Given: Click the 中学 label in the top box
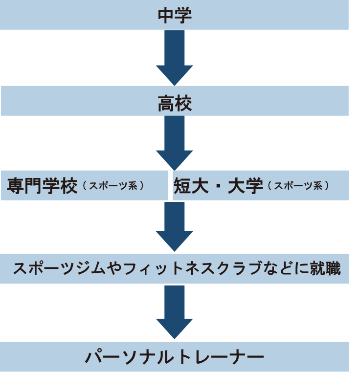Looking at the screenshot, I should coord(175,15).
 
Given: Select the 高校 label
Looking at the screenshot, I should coord(175,104).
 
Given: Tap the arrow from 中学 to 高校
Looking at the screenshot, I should coord(175,58).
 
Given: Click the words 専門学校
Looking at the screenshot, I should coord(43,186).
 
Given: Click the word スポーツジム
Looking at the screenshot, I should coord(59,269).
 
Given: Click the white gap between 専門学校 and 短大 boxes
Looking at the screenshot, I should coord(170,185).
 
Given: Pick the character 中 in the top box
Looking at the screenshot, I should coord(165,15).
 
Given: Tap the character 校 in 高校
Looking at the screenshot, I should coord(183,104).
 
